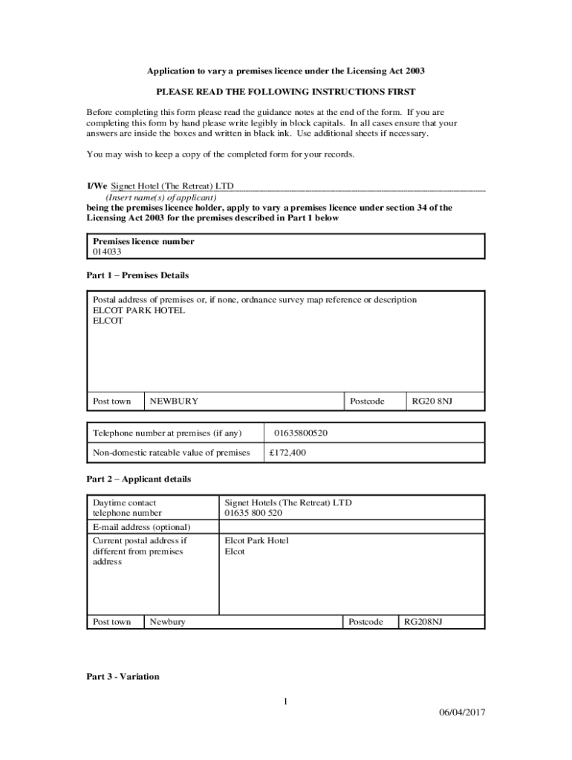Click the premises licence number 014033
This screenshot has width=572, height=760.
[106, 252]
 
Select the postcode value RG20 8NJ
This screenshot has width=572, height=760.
[432, 402]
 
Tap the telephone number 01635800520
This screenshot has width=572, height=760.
[301, 433]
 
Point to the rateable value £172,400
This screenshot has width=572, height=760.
[287, 452]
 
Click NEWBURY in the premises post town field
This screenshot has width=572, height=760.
[174, 402]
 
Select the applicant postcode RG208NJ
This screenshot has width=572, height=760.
[423, 621]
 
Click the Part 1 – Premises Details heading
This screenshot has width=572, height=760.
[137, 275]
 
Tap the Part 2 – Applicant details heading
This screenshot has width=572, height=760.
[138, 479]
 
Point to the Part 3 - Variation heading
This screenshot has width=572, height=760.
[123, 677]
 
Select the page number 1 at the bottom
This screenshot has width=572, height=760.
[285, 701]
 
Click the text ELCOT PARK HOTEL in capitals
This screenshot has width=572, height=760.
[139, 310]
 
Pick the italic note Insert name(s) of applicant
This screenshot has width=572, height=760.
[161, 198]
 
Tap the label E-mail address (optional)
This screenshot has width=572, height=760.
[142, 527]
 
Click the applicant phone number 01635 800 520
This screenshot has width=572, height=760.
[253, 513]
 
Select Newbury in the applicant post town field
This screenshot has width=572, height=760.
[168, 621]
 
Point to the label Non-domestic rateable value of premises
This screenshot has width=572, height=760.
[172, 452]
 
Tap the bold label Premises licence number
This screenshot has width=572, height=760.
[143, 241]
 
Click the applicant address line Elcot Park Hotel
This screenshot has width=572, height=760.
[256, 540]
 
